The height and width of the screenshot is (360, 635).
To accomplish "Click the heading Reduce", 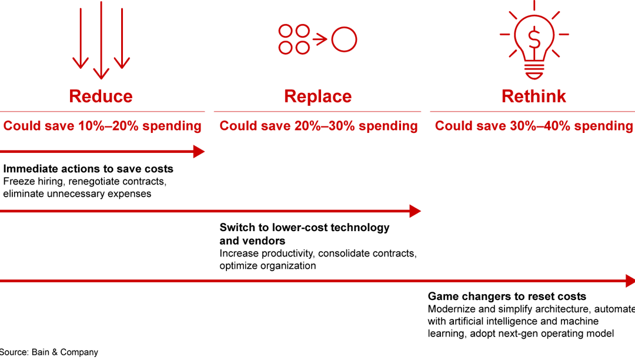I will click(101, 96).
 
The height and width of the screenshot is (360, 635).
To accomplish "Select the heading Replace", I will click(317, 96).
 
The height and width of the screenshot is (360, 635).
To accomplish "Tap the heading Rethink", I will click(533, 96).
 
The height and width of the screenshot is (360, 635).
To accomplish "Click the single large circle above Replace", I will click(344, 40).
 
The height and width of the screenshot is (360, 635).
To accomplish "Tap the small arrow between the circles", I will click(320, 40).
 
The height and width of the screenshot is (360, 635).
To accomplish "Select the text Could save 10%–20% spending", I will click(102, 126).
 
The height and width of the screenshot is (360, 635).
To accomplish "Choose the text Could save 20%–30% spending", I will click(319, 126).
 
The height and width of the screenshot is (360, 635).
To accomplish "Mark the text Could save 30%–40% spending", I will click(534, 126).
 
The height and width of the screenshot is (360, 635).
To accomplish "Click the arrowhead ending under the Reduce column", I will click(199, 152).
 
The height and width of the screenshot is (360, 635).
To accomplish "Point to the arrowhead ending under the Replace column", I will click(415, 211).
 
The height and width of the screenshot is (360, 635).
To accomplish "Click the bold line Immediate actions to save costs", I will click(88, 169).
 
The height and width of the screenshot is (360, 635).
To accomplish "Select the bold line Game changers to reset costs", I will click(507, 296).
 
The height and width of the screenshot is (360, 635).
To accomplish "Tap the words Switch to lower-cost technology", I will click(305, 228).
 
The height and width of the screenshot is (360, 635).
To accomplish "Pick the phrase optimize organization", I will click(268, 266).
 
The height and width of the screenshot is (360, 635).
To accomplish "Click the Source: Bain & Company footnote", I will click(49, 352).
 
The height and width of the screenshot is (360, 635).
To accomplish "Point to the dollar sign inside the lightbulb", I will click(534, 39).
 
